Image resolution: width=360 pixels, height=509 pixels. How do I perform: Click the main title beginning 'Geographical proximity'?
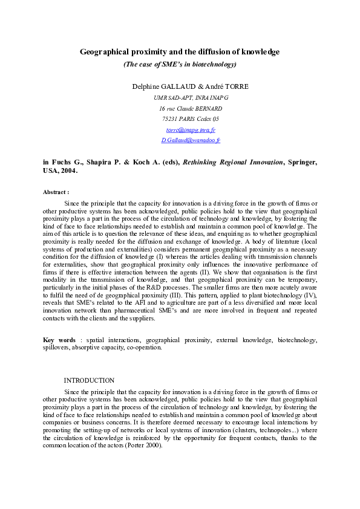coord(180,52)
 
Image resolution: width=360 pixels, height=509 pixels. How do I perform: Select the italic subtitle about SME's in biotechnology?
coord(180,63)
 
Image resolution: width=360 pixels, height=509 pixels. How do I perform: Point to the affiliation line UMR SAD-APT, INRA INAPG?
coord(191,97)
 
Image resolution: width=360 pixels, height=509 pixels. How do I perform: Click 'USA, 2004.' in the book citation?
coord(60,171)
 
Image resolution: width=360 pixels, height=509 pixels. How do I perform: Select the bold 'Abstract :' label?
coord(56,192)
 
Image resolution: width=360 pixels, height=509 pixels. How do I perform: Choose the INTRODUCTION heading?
coord(89,380)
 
